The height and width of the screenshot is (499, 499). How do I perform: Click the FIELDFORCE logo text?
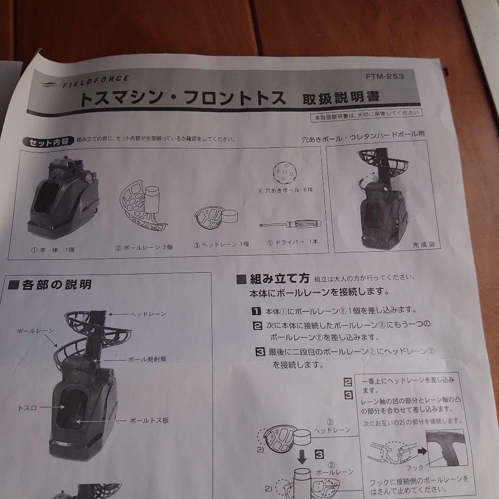click(x=95, y=83)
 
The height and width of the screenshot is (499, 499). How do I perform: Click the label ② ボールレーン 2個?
click(x=144, y=247)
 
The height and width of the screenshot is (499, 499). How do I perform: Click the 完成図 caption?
click(x=423, y=245)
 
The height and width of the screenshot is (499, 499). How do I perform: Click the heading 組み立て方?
click(x=279, y=279)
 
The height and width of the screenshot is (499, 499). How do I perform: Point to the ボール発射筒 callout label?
click(x=147, y=359)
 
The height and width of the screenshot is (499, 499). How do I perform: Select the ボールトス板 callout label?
click(x=149, y=420)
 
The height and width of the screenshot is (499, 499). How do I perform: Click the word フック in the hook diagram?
click(x=414, y=467)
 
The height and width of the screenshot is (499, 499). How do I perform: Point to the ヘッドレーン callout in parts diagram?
click(x=148, y=314)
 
